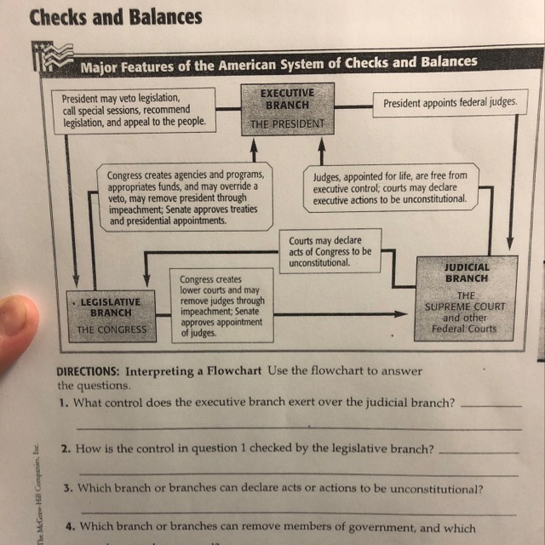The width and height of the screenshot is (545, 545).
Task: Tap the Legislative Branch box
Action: click(112, 315)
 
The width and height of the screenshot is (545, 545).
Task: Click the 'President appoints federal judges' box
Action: click(450, 102)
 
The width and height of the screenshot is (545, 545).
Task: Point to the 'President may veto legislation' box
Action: click(135, 110)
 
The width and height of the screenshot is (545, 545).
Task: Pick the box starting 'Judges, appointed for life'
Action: click(389, 186)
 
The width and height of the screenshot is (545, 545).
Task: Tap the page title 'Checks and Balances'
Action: click(116, 17)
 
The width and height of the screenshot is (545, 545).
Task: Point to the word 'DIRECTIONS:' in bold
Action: click(88, 372)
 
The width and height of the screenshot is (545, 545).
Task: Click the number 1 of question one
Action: click(63, 402)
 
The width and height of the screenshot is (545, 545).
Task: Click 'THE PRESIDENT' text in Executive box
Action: click(287, 124)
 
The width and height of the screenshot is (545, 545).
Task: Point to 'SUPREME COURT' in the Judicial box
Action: click(465, 307)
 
